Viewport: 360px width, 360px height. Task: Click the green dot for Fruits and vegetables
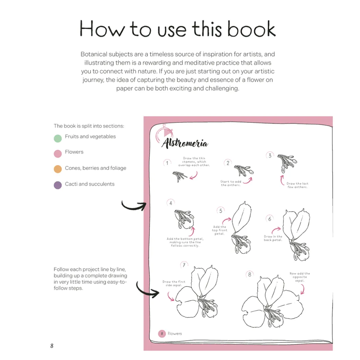coord(58,139)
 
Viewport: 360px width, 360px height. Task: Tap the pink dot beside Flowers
coord(58,154)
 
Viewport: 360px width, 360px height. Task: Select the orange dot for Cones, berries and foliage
coord(58,169)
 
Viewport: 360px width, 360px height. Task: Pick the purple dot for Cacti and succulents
coord(58,185)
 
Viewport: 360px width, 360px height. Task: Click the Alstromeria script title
coord(185,143)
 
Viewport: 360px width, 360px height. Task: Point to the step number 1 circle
coord(167,163)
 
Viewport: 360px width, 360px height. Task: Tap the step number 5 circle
coord(221,211)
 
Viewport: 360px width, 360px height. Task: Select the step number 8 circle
coord(250,274)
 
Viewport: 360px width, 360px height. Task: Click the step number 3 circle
coord(270,156)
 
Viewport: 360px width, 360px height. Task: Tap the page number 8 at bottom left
coord(52,346)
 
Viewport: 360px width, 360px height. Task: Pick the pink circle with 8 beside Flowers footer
coord(162,334)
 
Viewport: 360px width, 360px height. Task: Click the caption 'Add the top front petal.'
coord(219,230)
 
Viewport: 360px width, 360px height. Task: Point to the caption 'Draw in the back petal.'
coord(273,238)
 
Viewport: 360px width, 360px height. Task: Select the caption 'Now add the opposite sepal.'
coord(300,277)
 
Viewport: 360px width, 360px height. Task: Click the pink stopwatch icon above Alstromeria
coord(164,133)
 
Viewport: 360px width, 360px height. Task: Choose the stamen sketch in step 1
coord(180,176)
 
